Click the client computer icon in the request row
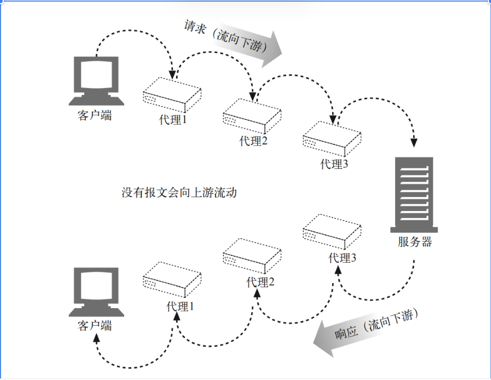pos(96,81)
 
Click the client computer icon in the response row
pos(96,292)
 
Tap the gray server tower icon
pos(414,195)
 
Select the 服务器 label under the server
pos(415,242)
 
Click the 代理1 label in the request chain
pos(173,119)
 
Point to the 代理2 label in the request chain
pos(253,141)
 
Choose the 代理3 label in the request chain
pos(334,164)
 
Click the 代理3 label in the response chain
pos(342,258)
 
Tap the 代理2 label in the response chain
pos(260,282)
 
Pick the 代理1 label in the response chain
pos(180,306)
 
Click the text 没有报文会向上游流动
pos(179,192)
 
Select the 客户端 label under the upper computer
pos(94,116)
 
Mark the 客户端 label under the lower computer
pos(94,326)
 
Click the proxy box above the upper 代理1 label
pos(172,95)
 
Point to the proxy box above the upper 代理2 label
pos(252,116)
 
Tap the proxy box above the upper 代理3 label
pos(332,139)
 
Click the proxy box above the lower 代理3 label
pos(332,232)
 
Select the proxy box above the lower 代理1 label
pos(172,279)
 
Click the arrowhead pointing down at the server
pos(414,143)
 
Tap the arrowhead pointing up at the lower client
pos(96,338)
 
